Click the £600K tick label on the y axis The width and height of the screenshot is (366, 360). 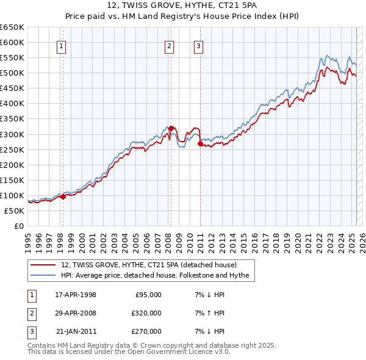point(13,43)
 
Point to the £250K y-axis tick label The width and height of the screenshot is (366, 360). point(13,149)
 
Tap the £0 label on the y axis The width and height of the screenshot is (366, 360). point(19,226)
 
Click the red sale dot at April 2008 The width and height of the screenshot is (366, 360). point(171,128)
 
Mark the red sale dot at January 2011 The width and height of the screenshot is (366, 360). point(201,143)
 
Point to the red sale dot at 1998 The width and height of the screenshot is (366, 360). point(63,196)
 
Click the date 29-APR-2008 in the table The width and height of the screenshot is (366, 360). point(76,313)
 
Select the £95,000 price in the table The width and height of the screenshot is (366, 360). point(148,295)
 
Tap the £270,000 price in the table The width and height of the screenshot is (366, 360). point(146,331)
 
